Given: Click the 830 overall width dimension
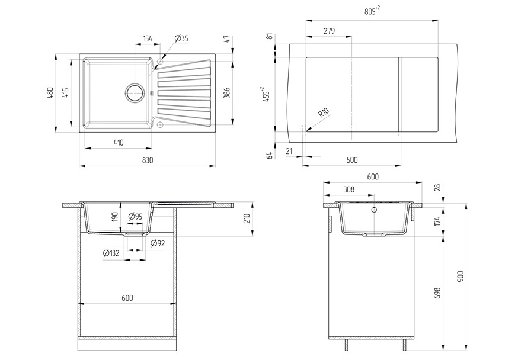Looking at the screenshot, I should (148, 160).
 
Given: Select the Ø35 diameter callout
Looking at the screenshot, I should (181, 38).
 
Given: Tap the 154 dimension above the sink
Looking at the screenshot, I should (148, 38).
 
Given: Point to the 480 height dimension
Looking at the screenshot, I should (50, 93).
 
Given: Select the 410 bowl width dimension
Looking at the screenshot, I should (119, 142).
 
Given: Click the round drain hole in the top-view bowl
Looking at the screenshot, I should (135, 93).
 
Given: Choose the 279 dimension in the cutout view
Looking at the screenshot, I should (330, 31).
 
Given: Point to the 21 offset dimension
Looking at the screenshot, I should (289, 152).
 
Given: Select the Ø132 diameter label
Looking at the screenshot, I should (111, 253).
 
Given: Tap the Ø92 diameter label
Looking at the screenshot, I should (157, 243).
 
